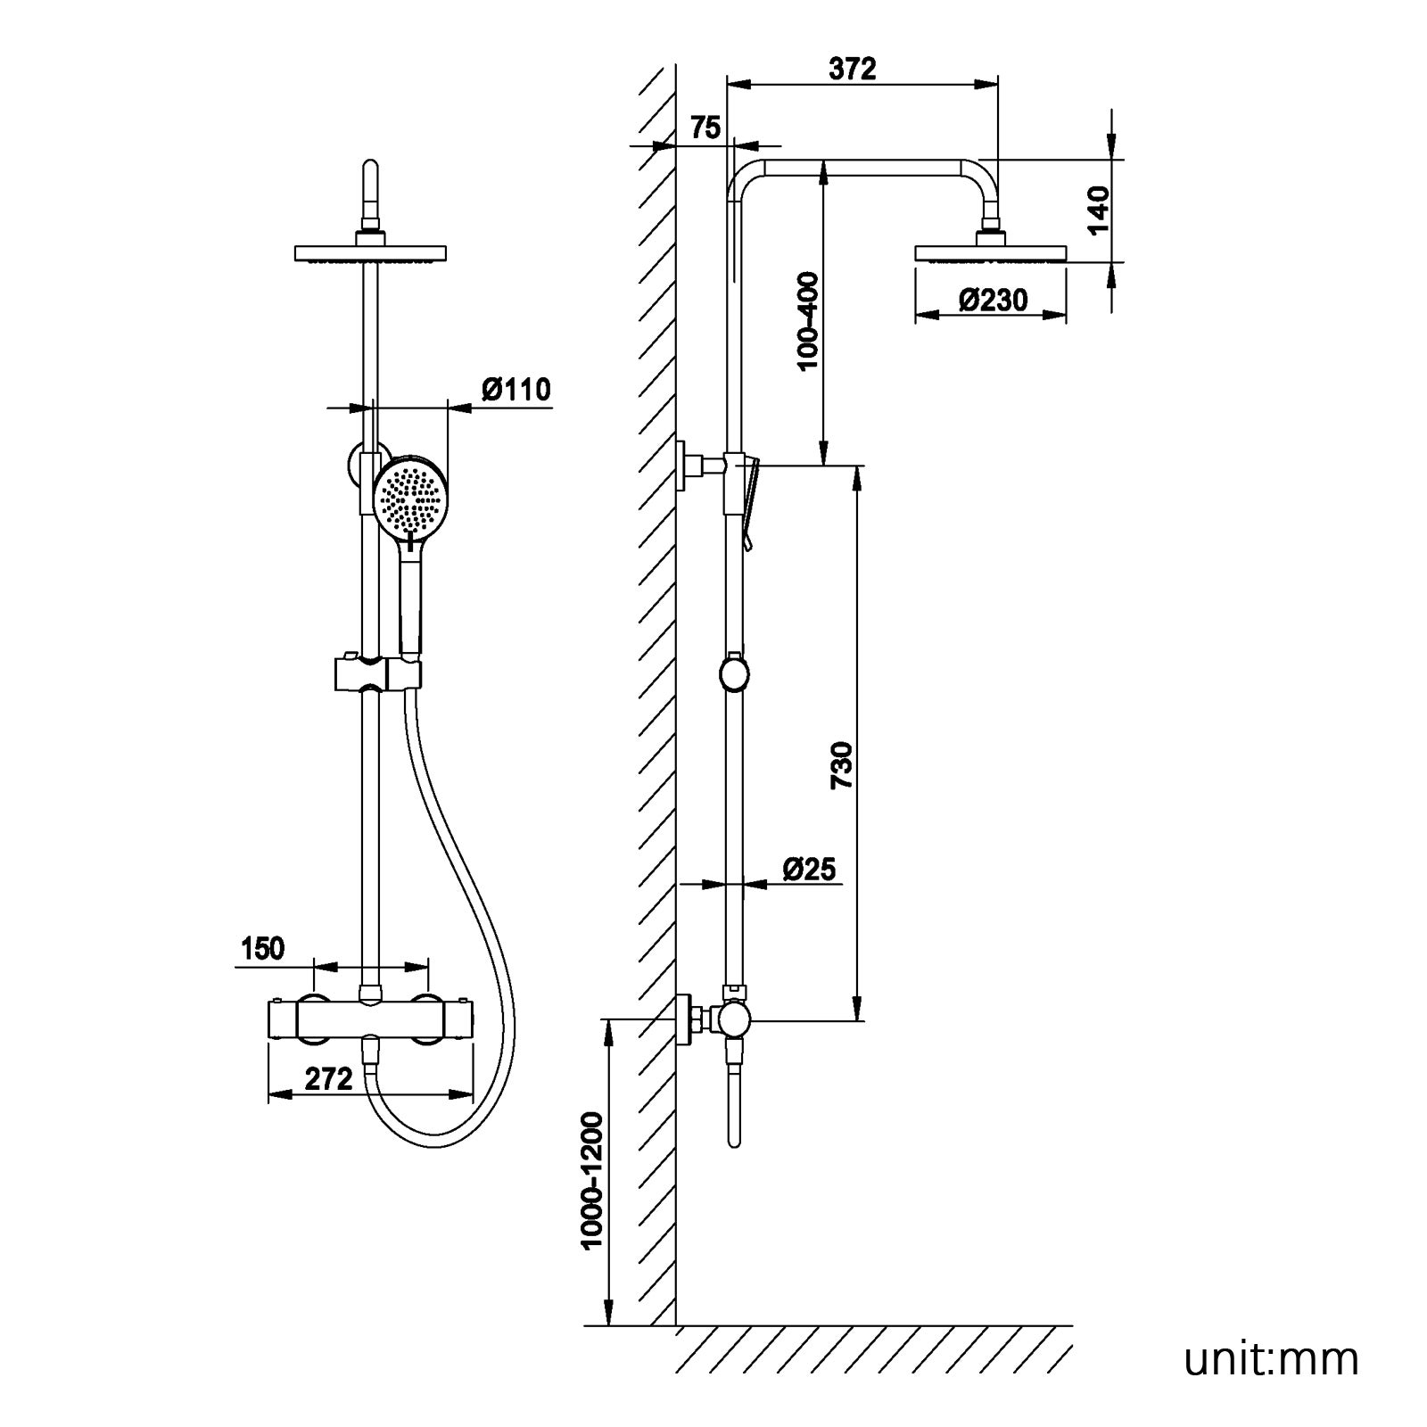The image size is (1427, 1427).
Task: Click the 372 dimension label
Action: pos(852,69)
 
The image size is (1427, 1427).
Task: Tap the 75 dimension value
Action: pos(705,128)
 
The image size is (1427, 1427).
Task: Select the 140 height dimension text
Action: pos(1098,210)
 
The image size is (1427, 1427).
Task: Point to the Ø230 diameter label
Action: pos(993,300)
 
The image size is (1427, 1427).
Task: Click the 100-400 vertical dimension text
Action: pos(807,322)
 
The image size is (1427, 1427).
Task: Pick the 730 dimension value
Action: pos(843,764)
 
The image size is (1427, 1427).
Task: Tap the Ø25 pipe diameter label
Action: pos(810,868)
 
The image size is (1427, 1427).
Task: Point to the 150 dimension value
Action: pos(262,949)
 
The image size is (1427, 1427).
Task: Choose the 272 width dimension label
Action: pos(329,1079)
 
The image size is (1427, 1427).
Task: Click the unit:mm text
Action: pos(1271,1359)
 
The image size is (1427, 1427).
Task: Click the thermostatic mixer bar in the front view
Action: pos(370,1019)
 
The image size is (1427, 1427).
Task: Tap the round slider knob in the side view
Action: pos(733,673)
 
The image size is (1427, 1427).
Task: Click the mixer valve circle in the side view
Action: pos(735,1019)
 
